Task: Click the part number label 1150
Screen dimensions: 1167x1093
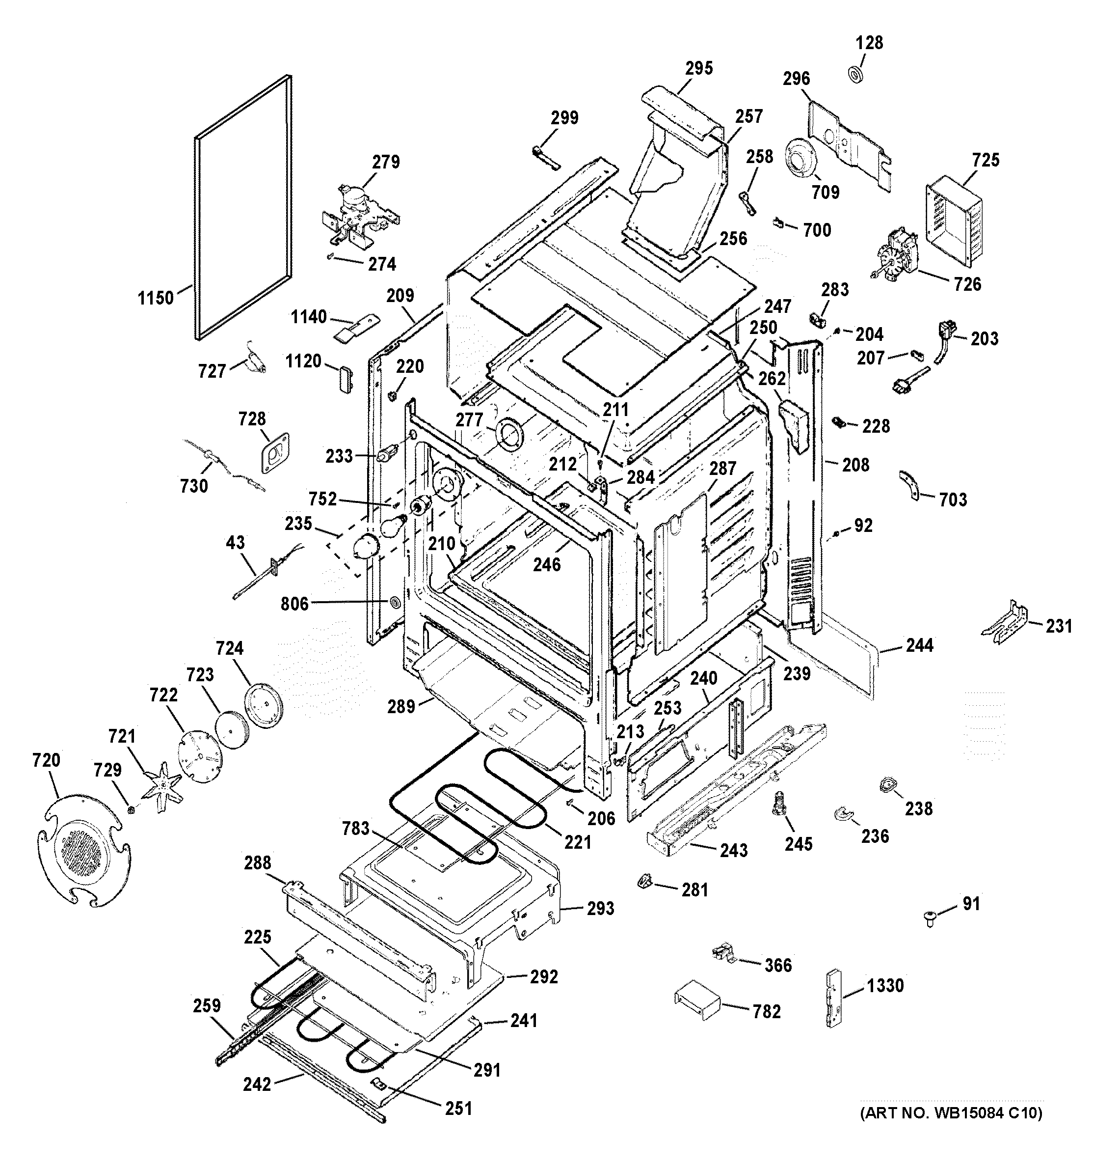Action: [x=156, y=298]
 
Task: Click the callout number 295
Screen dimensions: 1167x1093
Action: [x=699, y=68]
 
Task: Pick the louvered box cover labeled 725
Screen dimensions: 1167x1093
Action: [x=953, y=223]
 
